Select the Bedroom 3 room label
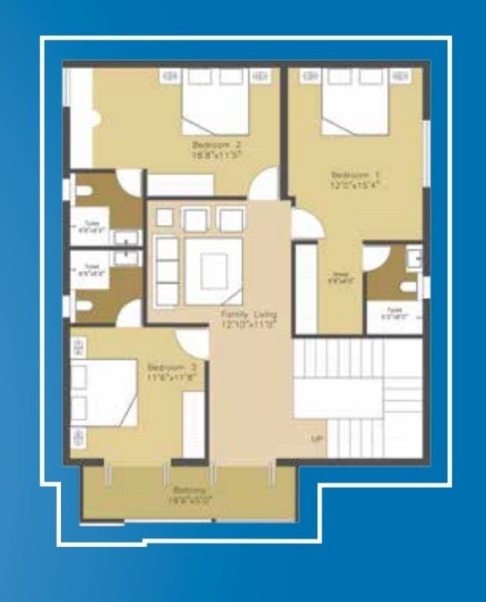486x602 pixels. coord(172,367)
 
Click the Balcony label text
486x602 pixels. coord(187,490)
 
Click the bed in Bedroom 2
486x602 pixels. coord(217,102)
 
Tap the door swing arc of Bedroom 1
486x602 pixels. coord(303,224)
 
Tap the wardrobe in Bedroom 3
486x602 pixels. coord(194,423)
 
